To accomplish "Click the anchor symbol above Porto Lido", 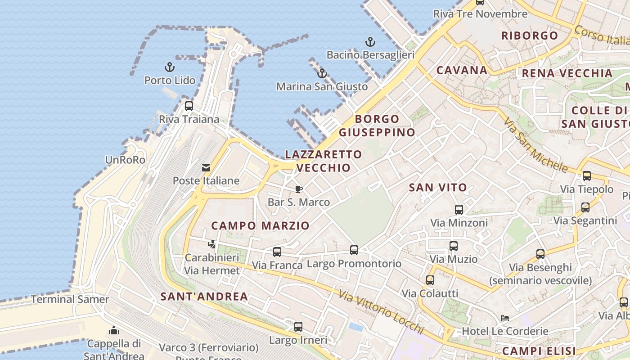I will (x=169, y=67).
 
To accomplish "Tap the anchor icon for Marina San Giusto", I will (x=322, y=73).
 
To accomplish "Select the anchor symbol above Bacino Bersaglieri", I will (x=370, y=42).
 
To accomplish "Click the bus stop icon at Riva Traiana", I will (x=189, y=106).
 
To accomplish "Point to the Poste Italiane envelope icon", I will (x=206, y=168).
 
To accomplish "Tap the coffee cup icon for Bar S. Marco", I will (x=298, y=189).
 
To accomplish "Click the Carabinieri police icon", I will (x=211, y=244).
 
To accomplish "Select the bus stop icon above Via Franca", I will (x=277, y=252).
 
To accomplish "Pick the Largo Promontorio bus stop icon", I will (x=354, y=250).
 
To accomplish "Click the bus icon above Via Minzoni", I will (x=459, y=209).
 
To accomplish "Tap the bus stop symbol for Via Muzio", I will (x=454, y=246).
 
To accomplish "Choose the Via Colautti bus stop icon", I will (x=430, y=280).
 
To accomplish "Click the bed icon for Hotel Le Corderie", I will (x=505, y=318).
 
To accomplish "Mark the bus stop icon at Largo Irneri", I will (x=298, y=327).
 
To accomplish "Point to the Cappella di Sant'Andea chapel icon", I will (x=114, y=330).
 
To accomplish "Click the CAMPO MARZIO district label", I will (x=261, y=225).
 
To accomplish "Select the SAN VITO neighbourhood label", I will (x=438, y=188).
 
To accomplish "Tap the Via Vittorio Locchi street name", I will (x=382, y=314).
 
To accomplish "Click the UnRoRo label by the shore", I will (x=125, y=160).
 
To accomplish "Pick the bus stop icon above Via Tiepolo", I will (x=587, y=176).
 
